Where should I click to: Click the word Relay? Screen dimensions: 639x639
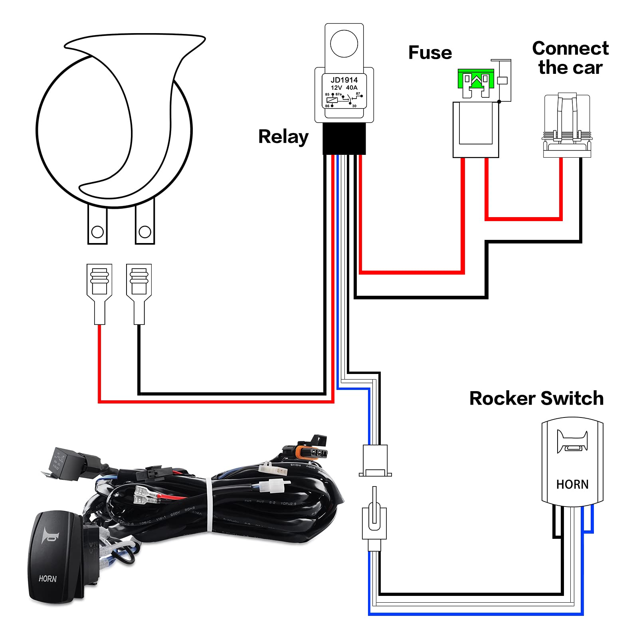click(x=283, y=137)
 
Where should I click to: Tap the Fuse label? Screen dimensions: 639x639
click(x=430, y=53)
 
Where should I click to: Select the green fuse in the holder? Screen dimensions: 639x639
click(x=476, y=79)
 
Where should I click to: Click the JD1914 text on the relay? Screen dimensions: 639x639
click(x=344, y=80)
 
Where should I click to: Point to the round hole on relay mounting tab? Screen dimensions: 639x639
click(x=344, y=43)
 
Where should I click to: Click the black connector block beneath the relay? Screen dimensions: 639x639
click(x=344, y=138)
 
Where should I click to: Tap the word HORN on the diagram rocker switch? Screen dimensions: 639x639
click(x=572, y=485)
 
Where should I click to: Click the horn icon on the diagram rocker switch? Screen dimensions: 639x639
click(x=572, y=442)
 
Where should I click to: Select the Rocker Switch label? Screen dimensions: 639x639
click(x=536, y=398)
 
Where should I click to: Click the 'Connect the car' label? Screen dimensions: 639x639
click(x=570, y=58)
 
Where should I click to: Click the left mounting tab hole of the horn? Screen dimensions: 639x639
click(x=97, y=231)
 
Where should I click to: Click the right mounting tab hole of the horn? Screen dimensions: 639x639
click(x=145, y=231)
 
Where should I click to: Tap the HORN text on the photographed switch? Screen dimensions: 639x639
click(x=47, y=579)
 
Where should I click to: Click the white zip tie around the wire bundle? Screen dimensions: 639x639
click(x=209, y=505)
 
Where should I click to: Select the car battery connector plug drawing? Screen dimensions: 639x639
click(x=567, y=126)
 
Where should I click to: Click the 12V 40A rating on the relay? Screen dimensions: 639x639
click(x=344, y=88)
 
